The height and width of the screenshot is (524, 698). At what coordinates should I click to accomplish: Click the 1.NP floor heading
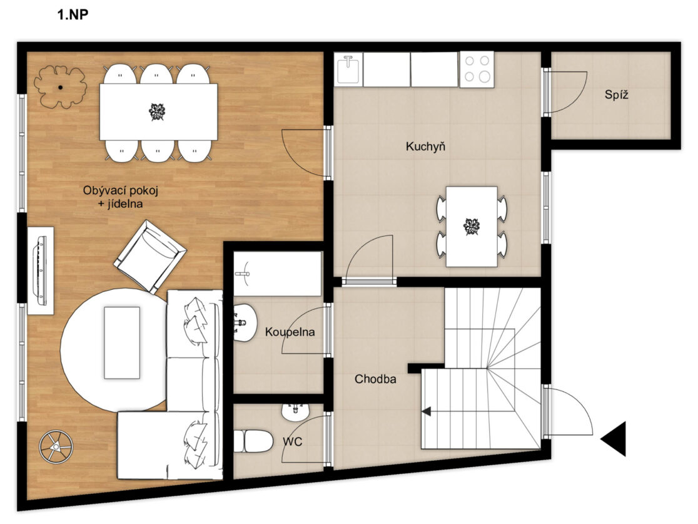(x=73, y=14)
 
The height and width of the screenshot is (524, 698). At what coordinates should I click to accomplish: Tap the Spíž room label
(x=617, y=95)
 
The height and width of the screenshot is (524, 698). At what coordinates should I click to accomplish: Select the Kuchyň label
(x=425, y=146)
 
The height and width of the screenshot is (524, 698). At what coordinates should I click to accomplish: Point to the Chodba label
(x=375, y=379)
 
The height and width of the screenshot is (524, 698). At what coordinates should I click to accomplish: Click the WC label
(x=293, y=441)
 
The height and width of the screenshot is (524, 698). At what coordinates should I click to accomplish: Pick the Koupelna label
(x=290, y=332)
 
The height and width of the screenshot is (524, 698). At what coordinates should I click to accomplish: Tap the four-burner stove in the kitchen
(x=477, y=69)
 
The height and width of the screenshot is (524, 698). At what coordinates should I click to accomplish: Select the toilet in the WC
(x=253, y=441)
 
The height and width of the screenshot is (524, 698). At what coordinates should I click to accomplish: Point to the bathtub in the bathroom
(x=278, y=274)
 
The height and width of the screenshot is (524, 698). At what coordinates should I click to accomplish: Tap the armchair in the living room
(x=150, y=257)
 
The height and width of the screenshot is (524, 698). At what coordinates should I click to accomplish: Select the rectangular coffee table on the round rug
(x=122, y=342)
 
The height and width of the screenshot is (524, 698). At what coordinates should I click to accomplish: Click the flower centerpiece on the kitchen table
(x=472, y=227)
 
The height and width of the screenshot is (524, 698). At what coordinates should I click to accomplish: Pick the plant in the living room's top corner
(x=59, y=88)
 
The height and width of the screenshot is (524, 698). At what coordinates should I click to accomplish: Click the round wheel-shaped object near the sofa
(x=56, y=446)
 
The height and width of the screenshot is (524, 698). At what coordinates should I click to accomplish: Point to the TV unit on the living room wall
(x=41, y=271)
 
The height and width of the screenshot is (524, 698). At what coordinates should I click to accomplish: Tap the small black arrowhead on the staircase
(x=427, y=411)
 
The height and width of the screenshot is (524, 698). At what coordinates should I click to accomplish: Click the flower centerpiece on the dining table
(x=157, y=112)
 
